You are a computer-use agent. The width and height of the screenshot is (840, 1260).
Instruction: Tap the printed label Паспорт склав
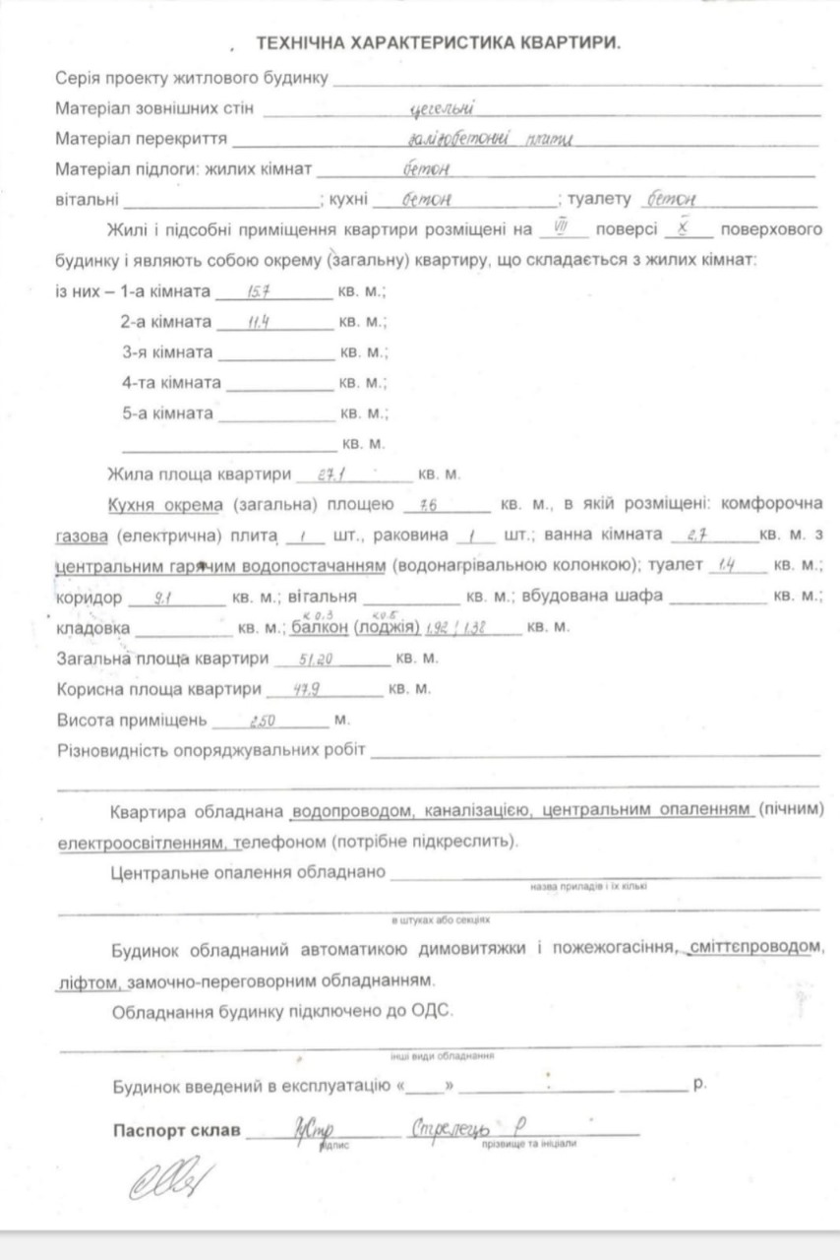pos(176,1129)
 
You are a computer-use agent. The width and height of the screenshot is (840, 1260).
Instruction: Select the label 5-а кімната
pos(167,414)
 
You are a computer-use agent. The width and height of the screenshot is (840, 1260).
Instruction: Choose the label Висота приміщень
pos(132,721)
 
